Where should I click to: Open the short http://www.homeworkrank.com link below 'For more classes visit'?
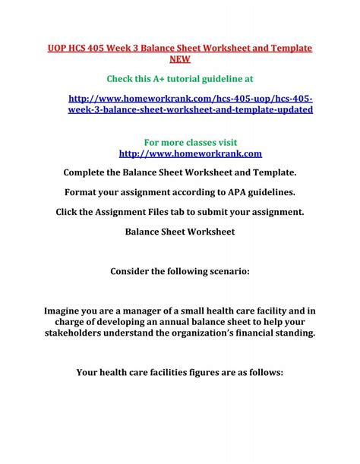click(x=179, y=153)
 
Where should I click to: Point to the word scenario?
click(x=223, y=270)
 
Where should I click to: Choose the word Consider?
click(x=133, y=270)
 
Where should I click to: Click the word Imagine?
click(x=65, y=310)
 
